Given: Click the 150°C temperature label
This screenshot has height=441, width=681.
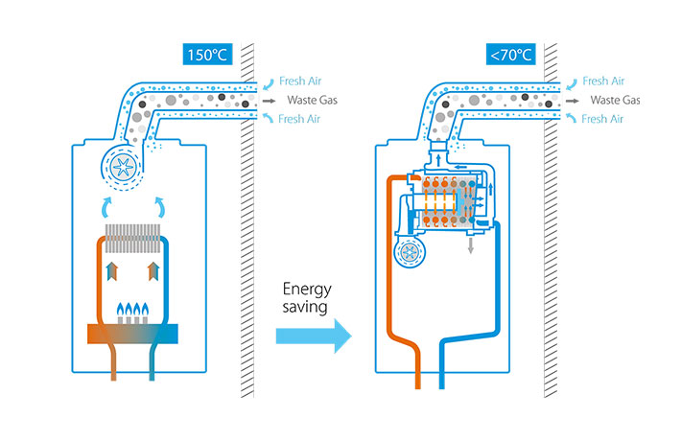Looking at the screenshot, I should click(x=207, y=55).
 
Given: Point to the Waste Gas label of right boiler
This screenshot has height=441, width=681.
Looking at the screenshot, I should click(x=614, y=100).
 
